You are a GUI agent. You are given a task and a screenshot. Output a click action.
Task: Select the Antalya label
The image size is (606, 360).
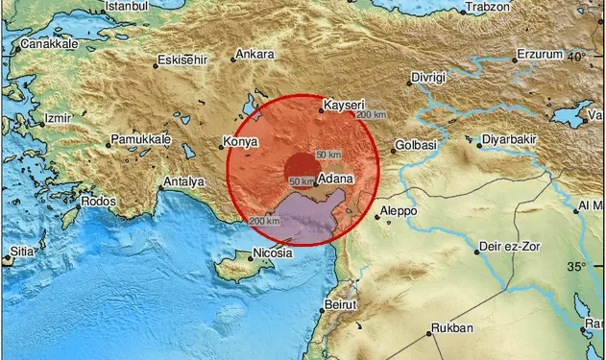tap(183, 180)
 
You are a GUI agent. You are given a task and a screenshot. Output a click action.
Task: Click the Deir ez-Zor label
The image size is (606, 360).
tap(512, 252)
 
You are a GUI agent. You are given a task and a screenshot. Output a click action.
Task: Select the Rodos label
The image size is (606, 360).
tap(99, 202)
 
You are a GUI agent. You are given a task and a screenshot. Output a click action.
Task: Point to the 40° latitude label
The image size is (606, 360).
tap(575, 58)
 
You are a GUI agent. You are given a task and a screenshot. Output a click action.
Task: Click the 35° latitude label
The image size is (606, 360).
tap(575, 266)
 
